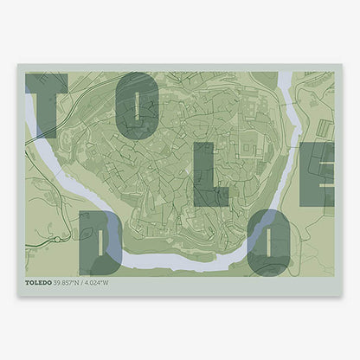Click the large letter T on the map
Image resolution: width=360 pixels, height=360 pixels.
[46, 104]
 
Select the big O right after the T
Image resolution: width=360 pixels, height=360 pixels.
[138, 106]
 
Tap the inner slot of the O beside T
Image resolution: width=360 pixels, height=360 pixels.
[138, 106]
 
